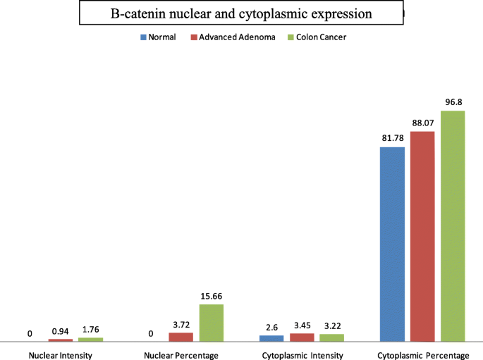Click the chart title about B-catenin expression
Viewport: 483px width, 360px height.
coord(240,13)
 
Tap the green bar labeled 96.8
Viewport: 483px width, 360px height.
coord(453,226)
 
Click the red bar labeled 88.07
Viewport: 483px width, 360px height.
coord(422,236)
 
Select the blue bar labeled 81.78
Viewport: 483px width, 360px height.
coord(393,244)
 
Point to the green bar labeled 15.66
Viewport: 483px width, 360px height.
coord(211,323)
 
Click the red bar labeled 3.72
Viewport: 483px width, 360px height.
coord(181,337)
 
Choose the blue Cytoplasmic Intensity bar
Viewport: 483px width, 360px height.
coord(271,338)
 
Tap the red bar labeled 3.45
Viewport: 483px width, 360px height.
coord(302,337)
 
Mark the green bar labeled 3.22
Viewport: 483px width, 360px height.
coord(331,337)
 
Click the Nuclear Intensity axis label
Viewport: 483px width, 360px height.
coord(60,355)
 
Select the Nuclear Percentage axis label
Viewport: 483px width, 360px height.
coord(181,355)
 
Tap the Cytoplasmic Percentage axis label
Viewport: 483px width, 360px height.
coord(422,355)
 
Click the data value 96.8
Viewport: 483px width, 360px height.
coord(453,102)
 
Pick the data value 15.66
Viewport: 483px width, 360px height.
coord(211,297)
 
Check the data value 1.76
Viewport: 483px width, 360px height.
coord(90,330)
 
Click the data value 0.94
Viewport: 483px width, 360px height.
coord(60,331)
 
